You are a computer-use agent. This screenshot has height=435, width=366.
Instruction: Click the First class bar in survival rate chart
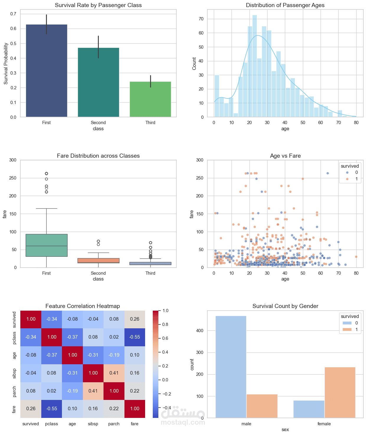[46, 71]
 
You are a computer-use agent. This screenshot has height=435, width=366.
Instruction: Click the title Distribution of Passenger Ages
[285, 5]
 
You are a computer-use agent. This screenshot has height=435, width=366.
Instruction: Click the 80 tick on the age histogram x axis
[356, 123]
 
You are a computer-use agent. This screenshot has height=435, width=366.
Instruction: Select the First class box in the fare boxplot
[46, 245]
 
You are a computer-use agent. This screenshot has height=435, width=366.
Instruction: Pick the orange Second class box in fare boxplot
[98, 261]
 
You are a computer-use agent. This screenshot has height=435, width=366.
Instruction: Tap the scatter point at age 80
[356, 257]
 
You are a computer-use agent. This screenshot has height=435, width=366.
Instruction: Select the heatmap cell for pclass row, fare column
[134, 337]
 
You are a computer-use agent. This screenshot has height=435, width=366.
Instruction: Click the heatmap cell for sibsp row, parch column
[114, 373]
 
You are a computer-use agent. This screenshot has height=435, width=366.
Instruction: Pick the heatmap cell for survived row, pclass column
[52, 319]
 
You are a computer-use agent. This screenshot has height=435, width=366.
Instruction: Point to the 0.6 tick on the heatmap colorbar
[165, 338]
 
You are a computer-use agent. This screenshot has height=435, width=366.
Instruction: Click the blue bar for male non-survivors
[231, 367]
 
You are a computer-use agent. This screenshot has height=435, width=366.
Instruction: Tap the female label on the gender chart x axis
[324, 424]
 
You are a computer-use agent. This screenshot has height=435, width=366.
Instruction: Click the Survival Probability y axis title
[6, 64]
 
